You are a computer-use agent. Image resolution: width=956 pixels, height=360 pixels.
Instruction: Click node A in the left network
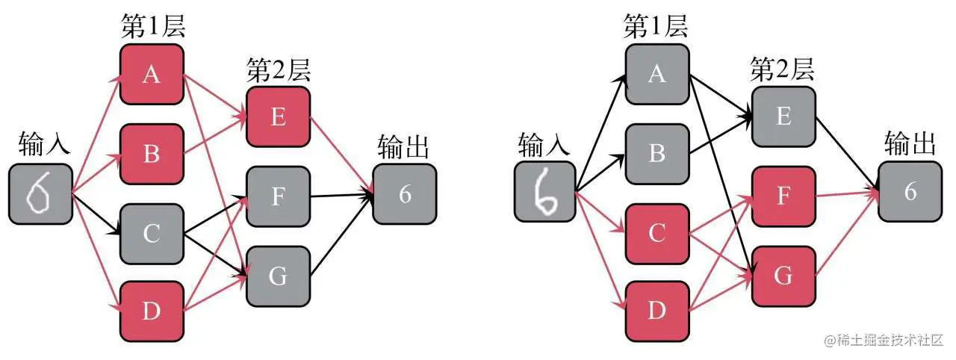(x=152, y=75)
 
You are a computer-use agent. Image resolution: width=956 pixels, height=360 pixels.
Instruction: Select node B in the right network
(x=657, y=154)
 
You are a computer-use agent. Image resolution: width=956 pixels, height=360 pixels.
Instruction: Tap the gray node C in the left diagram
(x=152, y=234)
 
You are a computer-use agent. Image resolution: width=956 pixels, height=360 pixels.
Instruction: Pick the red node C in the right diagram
(x=657, y=234)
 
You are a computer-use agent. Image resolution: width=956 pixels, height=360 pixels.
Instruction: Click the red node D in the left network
(x=152, y=311)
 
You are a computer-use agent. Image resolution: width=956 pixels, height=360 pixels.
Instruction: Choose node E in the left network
(x=278, y=117)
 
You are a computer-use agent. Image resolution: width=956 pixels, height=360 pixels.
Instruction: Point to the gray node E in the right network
(x=783, y=117)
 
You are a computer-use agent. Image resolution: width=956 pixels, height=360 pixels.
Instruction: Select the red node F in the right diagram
(x=783, y=196)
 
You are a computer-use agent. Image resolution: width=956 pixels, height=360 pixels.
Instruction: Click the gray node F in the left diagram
(x=278, y=196)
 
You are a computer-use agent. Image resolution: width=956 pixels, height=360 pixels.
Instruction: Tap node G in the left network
(x=278, y=276)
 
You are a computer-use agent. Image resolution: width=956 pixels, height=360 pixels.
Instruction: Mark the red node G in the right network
(x=783, y=276)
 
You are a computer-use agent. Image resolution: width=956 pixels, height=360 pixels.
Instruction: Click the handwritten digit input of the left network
(x=40, y=193)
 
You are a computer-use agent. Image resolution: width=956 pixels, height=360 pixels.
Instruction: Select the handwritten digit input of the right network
(x=545, y=193)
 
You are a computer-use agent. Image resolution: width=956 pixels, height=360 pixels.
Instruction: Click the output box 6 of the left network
(x=405, y=193)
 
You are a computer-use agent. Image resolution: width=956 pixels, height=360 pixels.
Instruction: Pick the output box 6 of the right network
(x=909, y=192)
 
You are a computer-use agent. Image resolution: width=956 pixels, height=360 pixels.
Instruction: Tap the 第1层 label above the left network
(x=152, y=27)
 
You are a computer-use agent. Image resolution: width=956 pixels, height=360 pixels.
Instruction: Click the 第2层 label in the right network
(x=782, y=70)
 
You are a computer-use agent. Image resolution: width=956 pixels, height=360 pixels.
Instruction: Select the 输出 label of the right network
(x=909, y=143)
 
